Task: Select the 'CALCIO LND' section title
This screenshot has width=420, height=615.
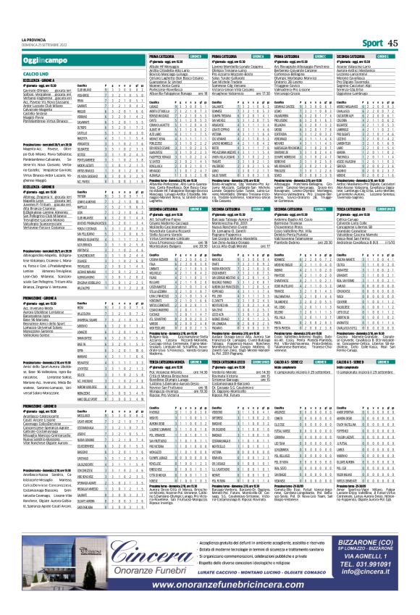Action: [35, 53]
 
